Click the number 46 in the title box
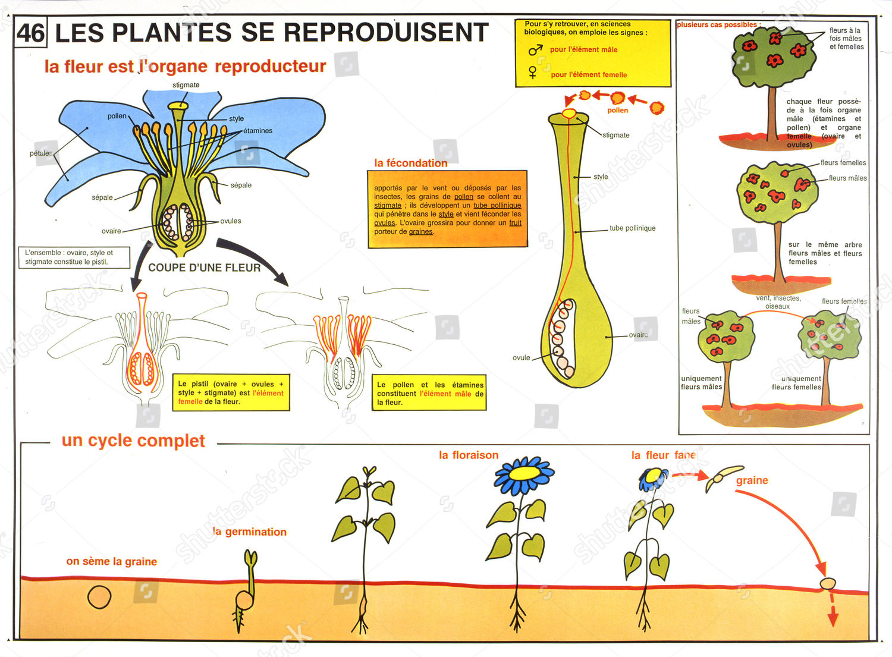[30, 33]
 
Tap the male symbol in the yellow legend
[535, 50]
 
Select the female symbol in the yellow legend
[533, 73]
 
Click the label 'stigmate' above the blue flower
[186, 85]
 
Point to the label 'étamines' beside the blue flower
[258, 131]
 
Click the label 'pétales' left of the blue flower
[41, 153]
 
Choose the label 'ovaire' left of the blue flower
[111, 231]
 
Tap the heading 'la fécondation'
[410, 163]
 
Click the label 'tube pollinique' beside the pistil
[632, 228]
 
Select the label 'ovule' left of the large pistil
[521, 358]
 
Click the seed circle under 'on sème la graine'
[99, 597]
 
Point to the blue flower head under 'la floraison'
[524, 473]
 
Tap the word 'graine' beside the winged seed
[752, 480]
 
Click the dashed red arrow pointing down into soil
[833, 612]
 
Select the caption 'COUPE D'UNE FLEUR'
[204, 268]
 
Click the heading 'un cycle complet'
[133, 441]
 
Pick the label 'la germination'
[250, 532]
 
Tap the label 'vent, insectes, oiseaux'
[778, 302]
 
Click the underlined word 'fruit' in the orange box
[515, 223]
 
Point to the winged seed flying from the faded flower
[724, 477]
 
